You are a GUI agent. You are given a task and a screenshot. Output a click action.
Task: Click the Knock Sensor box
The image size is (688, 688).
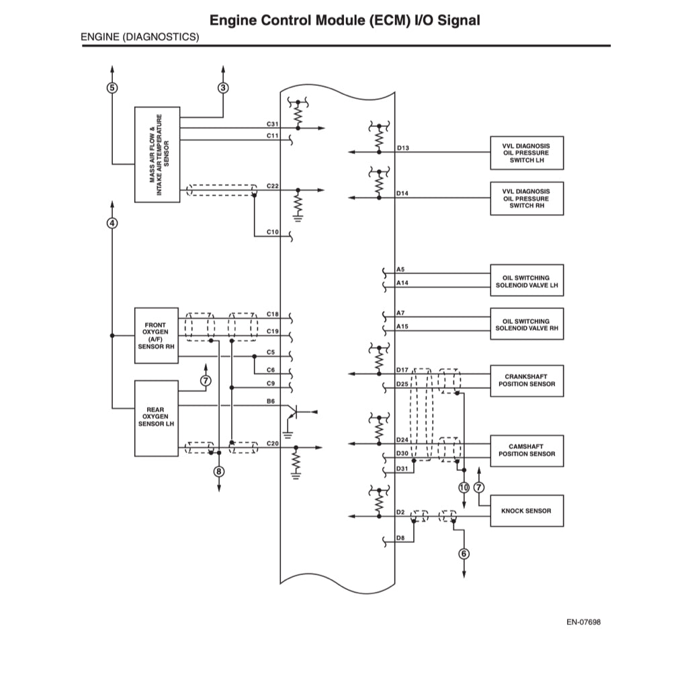pyautogui.click(x=527, y=511)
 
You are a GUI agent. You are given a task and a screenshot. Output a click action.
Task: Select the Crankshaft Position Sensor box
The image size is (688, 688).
pyautogui.click(x=527, y=380)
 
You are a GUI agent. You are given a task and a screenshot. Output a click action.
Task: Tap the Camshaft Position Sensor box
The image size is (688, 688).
pyautogui.click(x=527, y=450)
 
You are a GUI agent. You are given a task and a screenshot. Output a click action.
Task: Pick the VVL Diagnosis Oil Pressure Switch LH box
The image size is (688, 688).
pyautogui.click(x=527, y=153)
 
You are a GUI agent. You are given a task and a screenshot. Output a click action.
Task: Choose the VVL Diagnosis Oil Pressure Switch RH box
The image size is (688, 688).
pyautogui.click(x=527, y=198)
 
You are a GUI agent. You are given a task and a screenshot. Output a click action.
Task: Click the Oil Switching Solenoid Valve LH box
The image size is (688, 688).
pyautogui.click(x=527, y=281)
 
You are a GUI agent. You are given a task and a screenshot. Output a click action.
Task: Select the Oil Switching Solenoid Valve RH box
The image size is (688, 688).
pyautogui.click(x=527, y=325)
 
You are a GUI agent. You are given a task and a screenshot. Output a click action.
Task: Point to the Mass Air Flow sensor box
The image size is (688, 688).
pyautogui.click(x=157, y=154)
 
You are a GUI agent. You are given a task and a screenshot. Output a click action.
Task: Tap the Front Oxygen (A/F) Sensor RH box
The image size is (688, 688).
pyautogui.click(x=157, y=336)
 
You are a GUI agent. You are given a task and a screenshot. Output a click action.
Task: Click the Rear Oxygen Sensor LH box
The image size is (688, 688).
pyautogui.click(x=157, y=417)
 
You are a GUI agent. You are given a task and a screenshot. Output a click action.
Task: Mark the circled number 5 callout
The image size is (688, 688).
pyautogui.click(x=112, y=87)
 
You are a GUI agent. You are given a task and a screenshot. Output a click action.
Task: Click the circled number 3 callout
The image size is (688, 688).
pyautogui.click(x=223, y=87)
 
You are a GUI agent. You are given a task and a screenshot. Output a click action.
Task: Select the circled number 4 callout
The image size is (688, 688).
pyautogui.click(x=112, y=223)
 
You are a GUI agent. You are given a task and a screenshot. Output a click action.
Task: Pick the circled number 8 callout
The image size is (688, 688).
pyautogui.click(x=219, y=471)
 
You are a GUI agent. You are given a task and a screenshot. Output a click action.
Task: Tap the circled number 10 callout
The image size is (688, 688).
pyautogui.click(x=464, y=487)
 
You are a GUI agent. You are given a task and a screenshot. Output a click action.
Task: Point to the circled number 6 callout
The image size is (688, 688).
pyautogui.click(x=464, y=554)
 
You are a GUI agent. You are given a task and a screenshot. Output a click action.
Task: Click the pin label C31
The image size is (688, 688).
pyautogui.click(x=272, y=124)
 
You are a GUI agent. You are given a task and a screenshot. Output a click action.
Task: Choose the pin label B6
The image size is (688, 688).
pyautogui.click(x=271, y=401)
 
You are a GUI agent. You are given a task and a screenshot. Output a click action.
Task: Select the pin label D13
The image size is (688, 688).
pyautogui.click(x=402, y=148)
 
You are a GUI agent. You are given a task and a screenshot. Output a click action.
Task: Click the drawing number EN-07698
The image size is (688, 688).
pyautogui.click(x=583, y=622)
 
